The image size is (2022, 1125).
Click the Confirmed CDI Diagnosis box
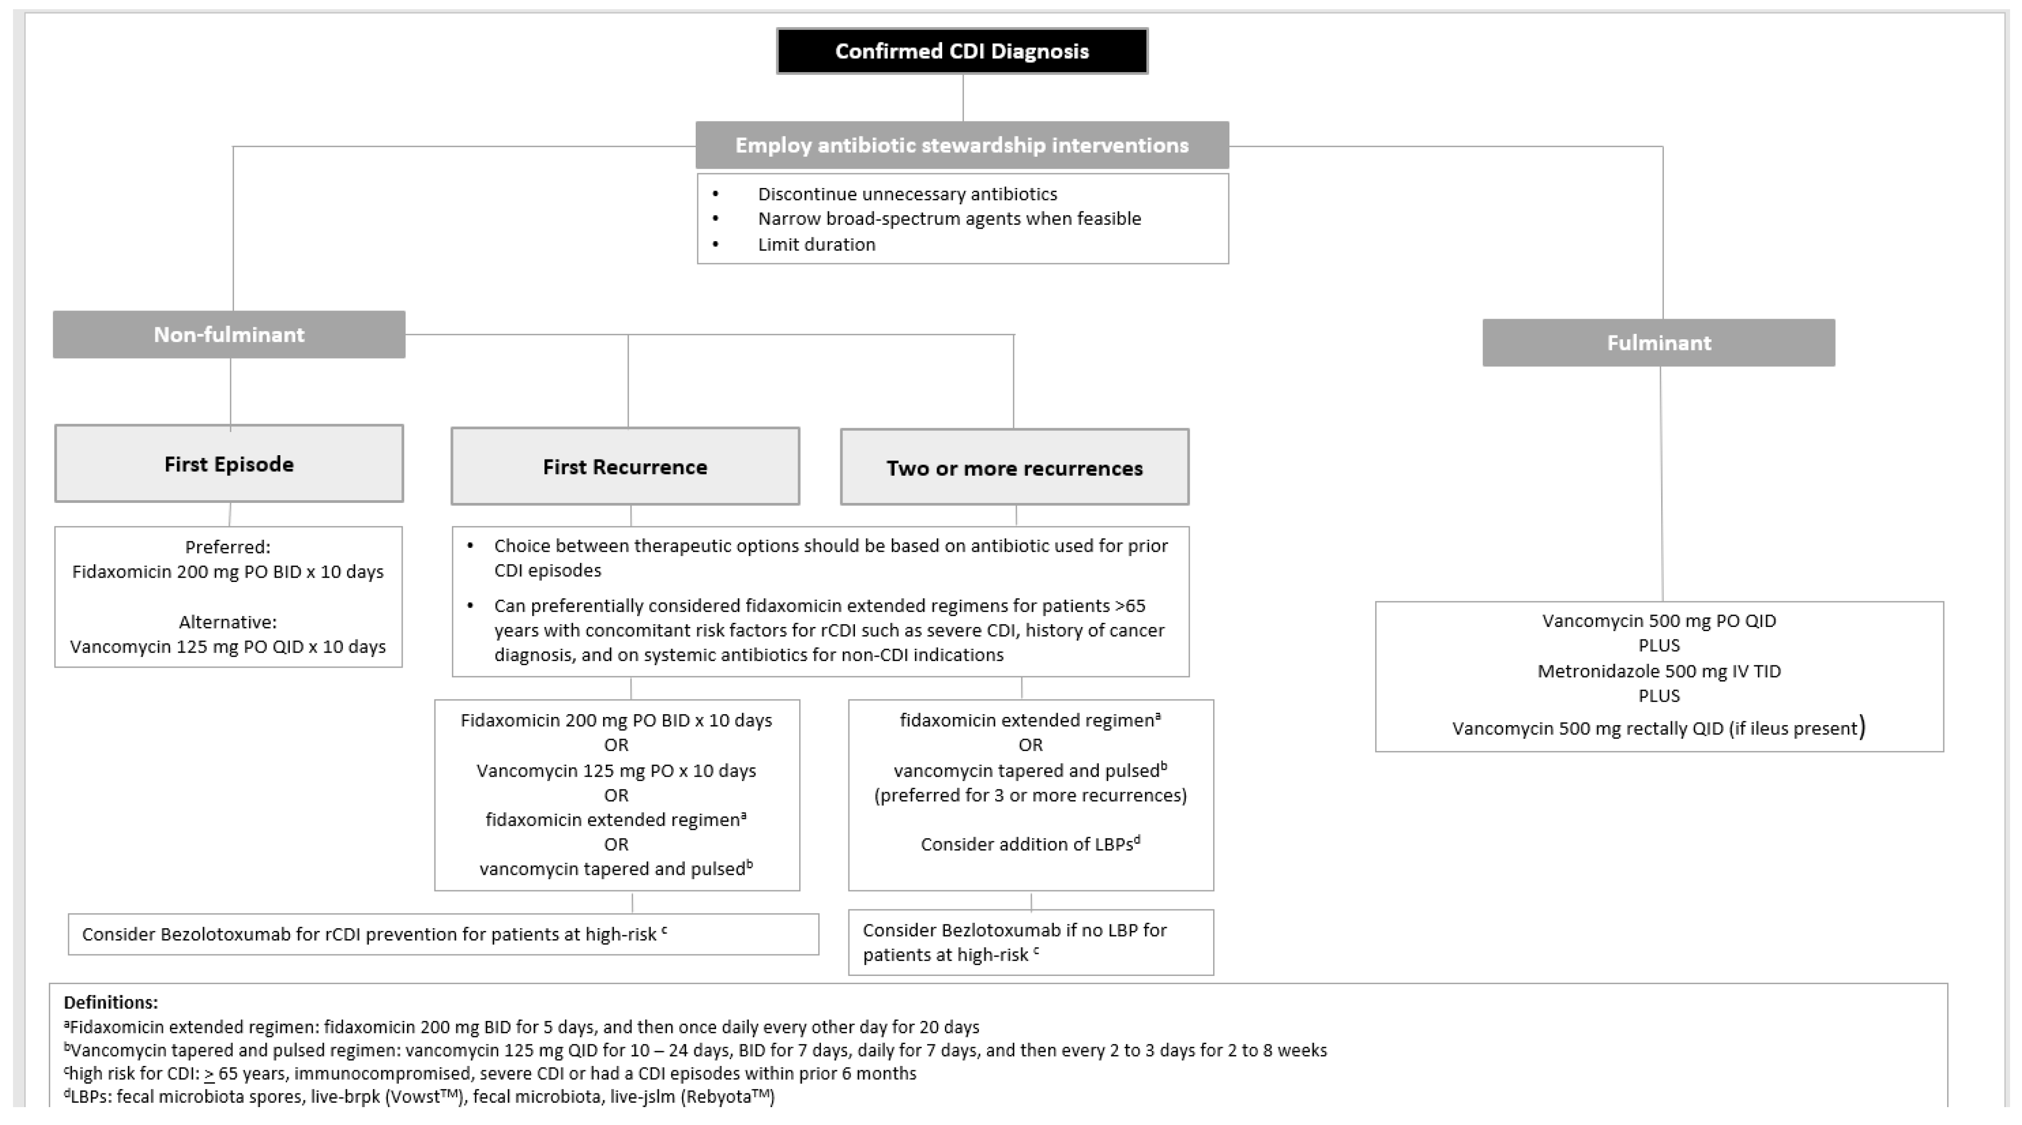click(x=962, y=51)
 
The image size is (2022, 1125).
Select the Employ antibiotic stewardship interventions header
click(x=962, y=145)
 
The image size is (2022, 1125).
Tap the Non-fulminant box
click(x=229, y=334)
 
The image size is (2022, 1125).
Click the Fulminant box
click(x=1658, y=342)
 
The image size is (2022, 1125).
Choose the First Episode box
click(x=229, y=464)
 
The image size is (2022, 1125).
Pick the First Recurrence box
click(x=625, y=467)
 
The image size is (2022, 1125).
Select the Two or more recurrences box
click(x=1014, y=468)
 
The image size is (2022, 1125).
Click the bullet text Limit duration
click(x=816, y=244)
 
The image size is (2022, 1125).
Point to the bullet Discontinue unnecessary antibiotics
click(x=906, y=194)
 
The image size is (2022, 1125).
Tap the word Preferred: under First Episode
click(x=228, y=546)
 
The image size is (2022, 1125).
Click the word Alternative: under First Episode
click(x=228, y=622)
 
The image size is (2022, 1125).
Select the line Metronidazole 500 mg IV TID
click(x=1658, y=671)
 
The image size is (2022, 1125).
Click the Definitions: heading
click(x=111, y=1003)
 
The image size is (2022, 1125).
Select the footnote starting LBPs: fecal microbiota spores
click(x=420, y=1097)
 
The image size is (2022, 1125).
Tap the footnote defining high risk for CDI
click(x=490, y=1073)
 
